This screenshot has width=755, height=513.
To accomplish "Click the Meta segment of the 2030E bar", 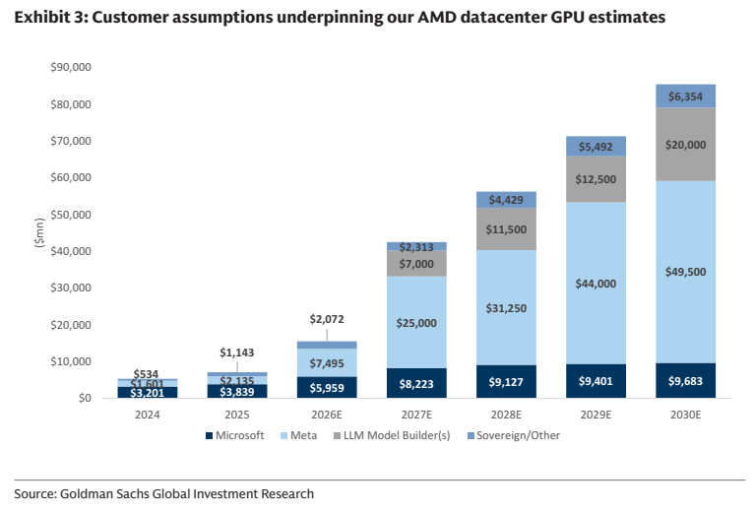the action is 685,272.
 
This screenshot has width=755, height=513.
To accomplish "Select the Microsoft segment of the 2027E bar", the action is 416,383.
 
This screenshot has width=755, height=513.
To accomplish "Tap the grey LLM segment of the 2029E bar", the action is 596,179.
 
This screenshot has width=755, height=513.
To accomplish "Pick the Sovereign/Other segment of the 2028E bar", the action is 506,200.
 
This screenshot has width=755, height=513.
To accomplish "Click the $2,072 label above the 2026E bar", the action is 327,319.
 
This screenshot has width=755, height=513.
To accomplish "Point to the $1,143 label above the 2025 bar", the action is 237,353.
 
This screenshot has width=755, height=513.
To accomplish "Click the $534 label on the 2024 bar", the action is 146,374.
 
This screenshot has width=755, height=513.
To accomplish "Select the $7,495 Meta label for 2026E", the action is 327,363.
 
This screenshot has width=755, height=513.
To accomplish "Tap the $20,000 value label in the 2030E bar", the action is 685,145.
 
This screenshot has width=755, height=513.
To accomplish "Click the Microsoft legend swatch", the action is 209,435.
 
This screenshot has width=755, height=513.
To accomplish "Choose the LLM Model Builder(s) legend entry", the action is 392,435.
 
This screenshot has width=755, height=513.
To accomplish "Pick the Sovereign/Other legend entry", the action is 514,435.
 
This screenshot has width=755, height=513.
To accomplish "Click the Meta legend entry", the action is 298,435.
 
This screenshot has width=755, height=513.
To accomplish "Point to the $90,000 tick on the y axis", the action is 71,67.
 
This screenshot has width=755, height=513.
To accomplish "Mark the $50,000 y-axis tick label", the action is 71,215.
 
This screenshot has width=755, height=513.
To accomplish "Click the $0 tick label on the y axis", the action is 85,399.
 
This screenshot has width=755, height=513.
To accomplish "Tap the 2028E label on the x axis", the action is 506,415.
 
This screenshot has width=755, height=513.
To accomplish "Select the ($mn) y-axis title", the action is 40,233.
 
